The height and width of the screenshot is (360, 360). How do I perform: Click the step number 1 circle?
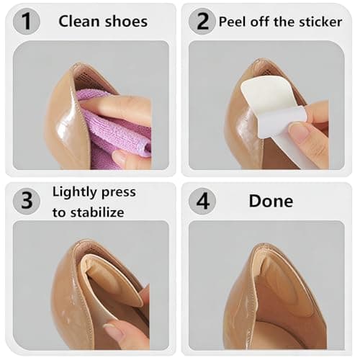click(x=27, y=22)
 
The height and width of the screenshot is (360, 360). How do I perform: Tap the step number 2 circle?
click(x=202, y=22)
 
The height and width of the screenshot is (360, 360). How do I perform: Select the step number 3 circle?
click(x=27, y=200)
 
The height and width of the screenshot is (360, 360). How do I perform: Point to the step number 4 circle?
click(x=202, y=200)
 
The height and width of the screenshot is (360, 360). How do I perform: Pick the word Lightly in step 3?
click(x=76, y=192)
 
